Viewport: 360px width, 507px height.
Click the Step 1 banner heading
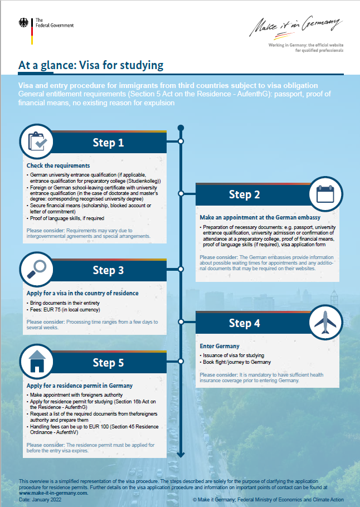coord(108,143)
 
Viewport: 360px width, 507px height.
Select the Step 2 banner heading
coord(244,194)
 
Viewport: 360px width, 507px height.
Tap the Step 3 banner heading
coord(108,270)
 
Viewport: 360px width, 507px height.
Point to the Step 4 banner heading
coord(244,323)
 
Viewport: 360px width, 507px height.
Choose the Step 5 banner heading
coord(108,363)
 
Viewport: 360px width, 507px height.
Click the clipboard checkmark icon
coord(40,143)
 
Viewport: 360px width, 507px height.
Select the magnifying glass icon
coord(40,270)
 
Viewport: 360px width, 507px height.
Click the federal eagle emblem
coord(25,23)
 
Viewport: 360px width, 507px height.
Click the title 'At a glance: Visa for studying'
coord(91,65)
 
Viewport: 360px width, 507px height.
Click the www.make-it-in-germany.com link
coord(53,493)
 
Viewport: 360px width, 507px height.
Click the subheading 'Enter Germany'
coord(219,346)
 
